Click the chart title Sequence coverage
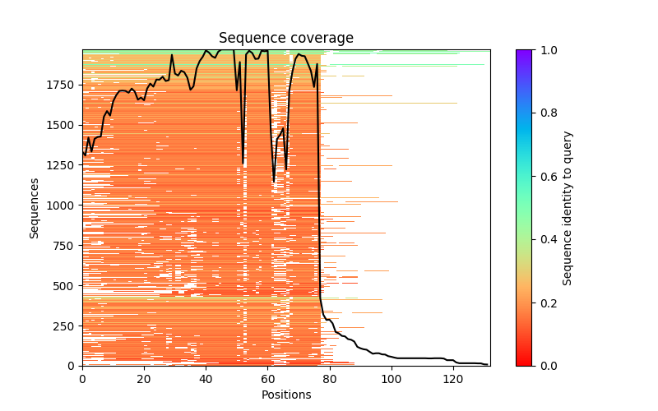tap(285, 39)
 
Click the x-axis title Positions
tap(285, 395)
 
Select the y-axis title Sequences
tap(35, 208)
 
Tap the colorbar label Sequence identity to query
tap(568, 208)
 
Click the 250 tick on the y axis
tap(64, 326)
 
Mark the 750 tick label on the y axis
tap(64, 245)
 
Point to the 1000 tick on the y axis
tap(61, 205)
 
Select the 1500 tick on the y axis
tap(61, 125)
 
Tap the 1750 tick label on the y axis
tap(61, 85)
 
